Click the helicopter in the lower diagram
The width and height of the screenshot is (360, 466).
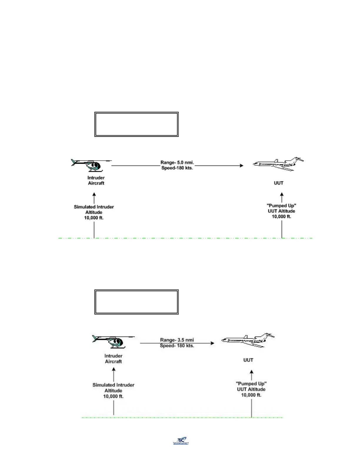pyautogui.click(x=114, y=342)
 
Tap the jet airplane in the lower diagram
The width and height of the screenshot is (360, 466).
pyautogui.click(x=248, y=340)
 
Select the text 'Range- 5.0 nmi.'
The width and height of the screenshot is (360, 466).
pyautogui.click(x=177, y=162)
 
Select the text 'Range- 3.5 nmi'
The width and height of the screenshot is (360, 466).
pyautogui.click(x=177, y=340)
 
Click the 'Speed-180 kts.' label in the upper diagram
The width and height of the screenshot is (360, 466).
pyautogui.click(x=177, y=168)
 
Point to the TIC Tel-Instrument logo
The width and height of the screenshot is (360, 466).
pyautogui.click(x=181, y=440)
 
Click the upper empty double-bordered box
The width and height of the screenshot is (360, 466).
pyautogui.click(x=136, y=124)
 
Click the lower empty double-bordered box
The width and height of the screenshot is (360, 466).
pyautogui.click(x=136, y=302)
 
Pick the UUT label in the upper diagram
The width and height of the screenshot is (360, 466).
pyautogui.click(x=279, y=183)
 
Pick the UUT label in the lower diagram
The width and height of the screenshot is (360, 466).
pyautogui.click(x=248, y=360)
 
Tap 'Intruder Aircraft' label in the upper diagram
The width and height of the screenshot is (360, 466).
pyautogui.click(x=96, y=180)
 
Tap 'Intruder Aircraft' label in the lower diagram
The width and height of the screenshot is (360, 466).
pyautogui.click(x=114, y=359)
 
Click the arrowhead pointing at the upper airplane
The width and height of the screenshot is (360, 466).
pyautogui.click(x=242, y=166)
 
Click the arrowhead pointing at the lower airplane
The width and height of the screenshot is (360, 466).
pyautogui.click(x=213, y=343)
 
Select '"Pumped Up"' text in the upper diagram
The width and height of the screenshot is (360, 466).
pyautogui.click(x=281, y=206)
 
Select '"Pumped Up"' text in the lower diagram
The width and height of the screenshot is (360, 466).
pyautogui.click(x=251, y=384)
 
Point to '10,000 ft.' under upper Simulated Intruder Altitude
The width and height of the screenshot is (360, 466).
pyautogui.click(x=94, y=218)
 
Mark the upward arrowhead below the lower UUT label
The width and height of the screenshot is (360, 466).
pyautogui.click(x=251, y=372)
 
